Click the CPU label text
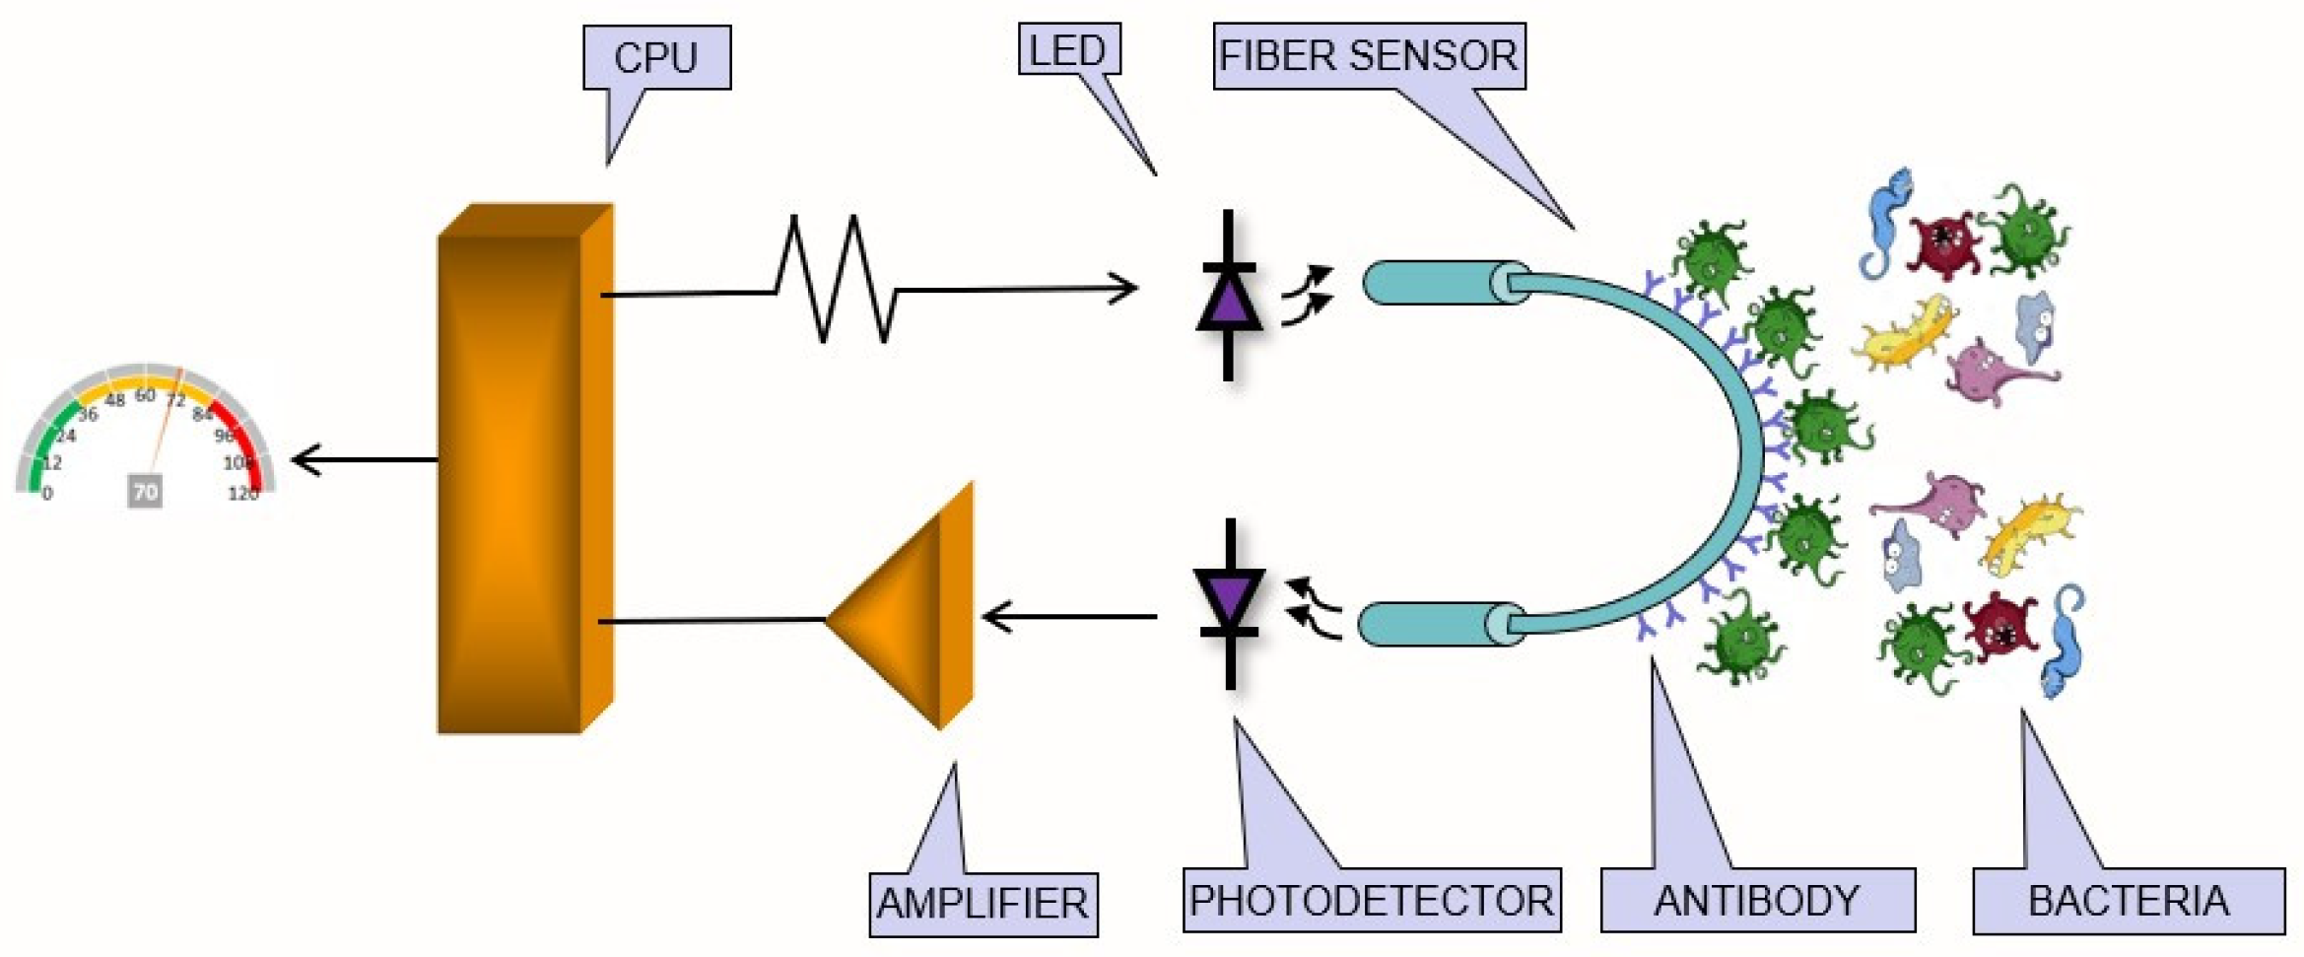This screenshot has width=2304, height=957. click(655, 58)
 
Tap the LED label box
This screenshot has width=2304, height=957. click(1068, 50)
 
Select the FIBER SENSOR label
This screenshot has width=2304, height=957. click(1368, 56)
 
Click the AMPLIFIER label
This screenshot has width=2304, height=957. click(983, 903)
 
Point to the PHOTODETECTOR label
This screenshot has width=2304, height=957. click(1371, 900)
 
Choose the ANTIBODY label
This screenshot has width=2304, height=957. click(1757, 900)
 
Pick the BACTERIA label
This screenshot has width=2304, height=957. click(2128, 901)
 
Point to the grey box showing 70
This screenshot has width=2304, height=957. click(145, 491)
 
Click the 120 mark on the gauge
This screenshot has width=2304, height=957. click(242, 494)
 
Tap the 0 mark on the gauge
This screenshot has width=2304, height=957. click(47, 494)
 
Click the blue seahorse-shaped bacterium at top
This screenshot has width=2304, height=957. click(1885, 222)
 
